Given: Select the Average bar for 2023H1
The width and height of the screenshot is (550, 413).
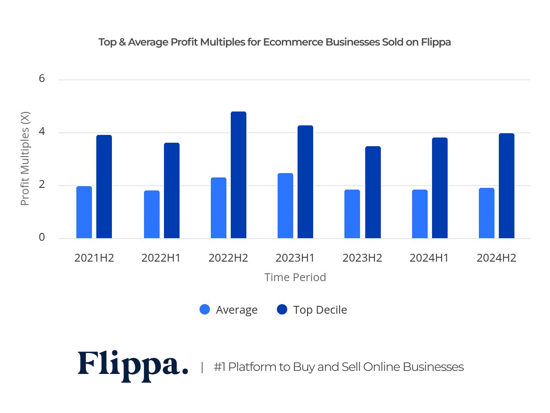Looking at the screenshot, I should coord(285,206).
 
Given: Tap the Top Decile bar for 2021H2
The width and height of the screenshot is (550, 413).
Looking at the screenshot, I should coord(104,187).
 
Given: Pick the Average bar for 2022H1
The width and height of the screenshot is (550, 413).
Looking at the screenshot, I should coord(151,214).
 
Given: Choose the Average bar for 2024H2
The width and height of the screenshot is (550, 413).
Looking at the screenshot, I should coord(486,213).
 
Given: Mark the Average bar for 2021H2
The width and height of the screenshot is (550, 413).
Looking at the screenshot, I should coord(84,212).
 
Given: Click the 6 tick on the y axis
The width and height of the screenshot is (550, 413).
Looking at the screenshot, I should coord(42,79).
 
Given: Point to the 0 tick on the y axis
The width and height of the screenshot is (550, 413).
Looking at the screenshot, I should coord(42,237).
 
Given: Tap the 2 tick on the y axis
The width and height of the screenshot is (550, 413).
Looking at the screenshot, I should coord(42,185).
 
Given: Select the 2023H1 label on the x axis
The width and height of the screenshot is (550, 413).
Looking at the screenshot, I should coord(295,258).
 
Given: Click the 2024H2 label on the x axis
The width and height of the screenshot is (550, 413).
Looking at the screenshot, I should coord(496,258).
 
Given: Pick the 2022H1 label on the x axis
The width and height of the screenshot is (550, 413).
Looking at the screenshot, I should coord(161,258).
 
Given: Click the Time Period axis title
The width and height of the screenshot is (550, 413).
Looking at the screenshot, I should coord(295,277).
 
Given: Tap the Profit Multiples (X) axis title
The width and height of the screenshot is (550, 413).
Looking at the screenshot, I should coord(25,159).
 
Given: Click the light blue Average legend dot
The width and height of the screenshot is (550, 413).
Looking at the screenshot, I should coord(205,310).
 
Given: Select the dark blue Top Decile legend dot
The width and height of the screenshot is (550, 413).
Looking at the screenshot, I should coord(282,310).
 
